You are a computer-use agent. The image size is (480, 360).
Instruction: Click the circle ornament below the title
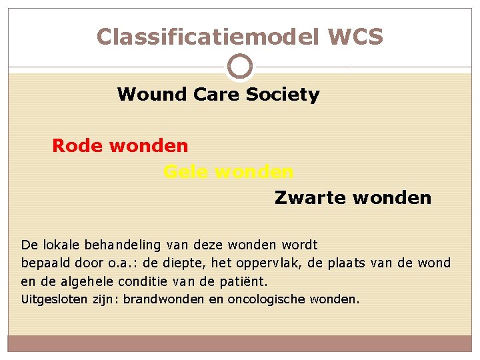(x=240, y=67)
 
